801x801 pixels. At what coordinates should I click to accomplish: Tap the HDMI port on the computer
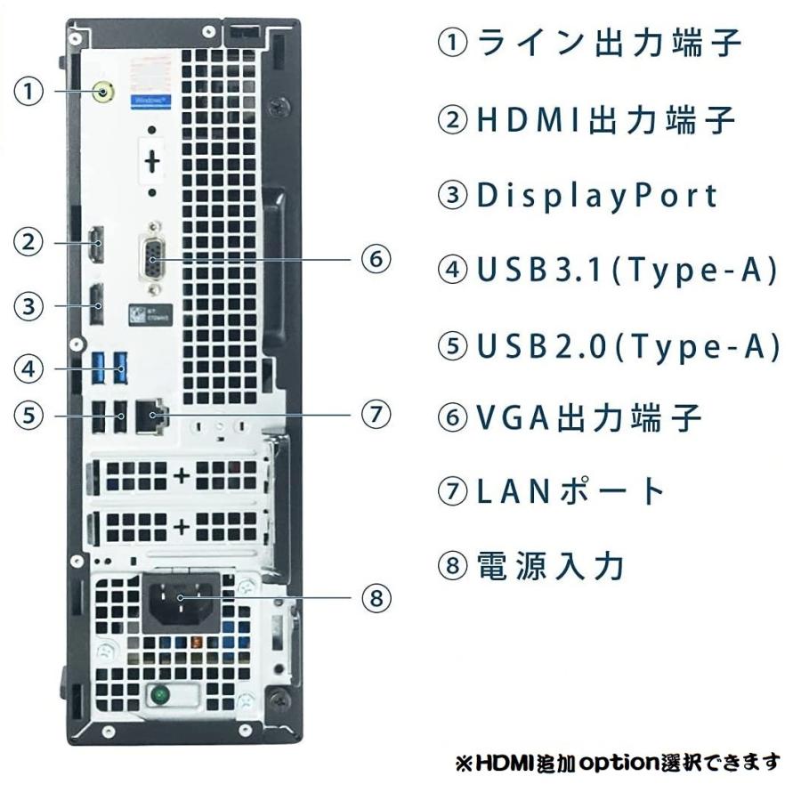pos(96,244)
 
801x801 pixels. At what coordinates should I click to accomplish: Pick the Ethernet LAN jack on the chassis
pos(150,417)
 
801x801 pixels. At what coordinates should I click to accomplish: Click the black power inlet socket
pos(181,603)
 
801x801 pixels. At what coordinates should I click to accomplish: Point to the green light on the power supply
pos(160,695)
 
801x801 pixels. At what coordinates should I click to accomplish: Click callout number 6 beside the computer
pos(376,259)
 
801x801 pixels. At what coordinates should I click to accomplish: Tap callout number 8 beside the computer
pos(376,598)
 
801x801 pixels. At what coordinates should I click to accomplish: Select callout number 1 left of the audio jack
pos(28,92)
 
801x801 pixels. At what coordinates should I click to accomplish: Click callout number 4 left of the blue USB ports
pos(28,368)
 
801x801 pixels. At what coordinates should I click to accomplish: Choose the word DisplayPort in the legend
pos(597,196)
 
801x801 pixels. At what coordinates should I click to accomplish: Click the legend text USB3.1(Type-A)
pos(627,270)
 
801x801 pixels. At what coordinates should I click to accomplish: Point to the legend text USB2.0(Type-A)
pos(628,346)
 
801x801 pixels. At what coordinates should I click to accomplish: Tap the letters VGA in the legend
pos(514,417)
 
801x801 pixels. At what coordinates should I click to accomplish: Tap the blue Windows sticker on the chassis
pos(150,101)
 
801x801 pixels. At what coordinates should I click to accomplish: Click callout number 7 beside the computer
pos(376,414)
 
